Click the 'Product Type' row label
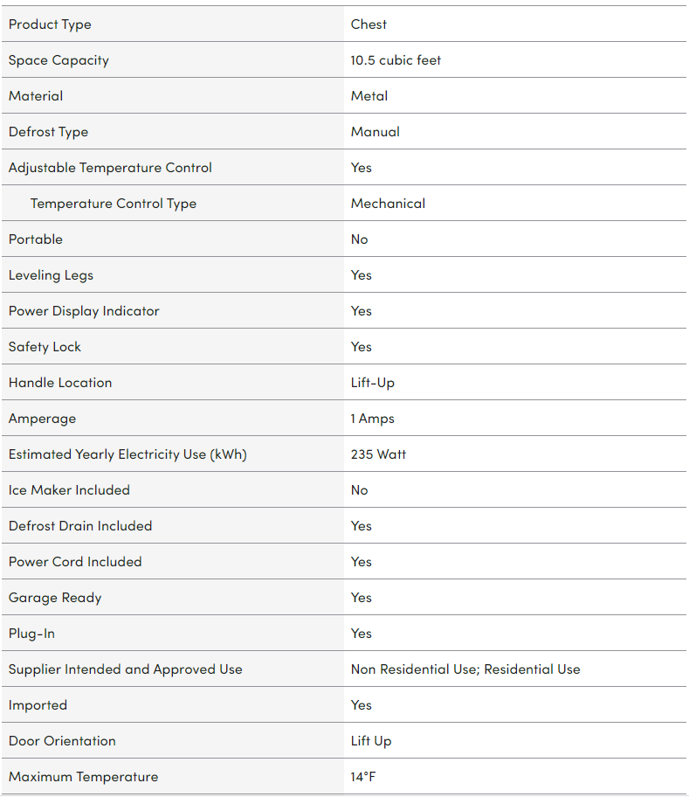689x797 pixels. coord(50,24)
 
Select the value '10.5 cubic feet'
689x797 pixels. coord(396,60)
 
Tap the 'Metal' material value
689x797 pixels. coord(369,96)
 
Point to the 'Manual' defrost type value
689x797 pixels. coord(376,132)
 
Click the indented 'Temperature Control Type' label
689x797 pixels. coord(114,204)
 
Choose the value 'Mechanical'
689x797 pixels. coord(388,204)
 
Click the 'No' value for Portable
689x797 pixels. coord(360,239)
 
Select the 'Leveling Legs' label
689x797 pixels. coord(51,275)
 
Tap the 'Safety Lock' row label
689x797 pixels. coord(45,347)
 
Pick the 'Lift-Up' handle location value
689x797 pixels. coord(373,383)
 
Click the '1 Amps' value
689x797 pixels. coord(373,419)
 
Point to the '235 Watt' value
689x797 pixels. coord(378,454)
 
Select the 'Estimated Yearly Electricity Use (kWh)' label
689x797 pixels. coord(127,454)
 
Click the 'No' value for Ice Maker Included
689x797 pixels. coord(360,490)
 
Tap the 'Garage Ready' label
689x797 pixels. coord(55,598)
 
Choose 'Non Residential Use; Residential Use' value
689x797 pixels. coord(465,669)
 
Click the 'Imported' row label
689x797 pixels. coord(38,705)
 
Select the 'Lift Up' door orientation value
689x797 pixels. coord(371,741)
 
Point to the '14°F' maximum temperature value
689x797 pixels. coord(364,777)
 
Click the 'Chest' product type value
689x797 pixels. coord(369,24)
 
